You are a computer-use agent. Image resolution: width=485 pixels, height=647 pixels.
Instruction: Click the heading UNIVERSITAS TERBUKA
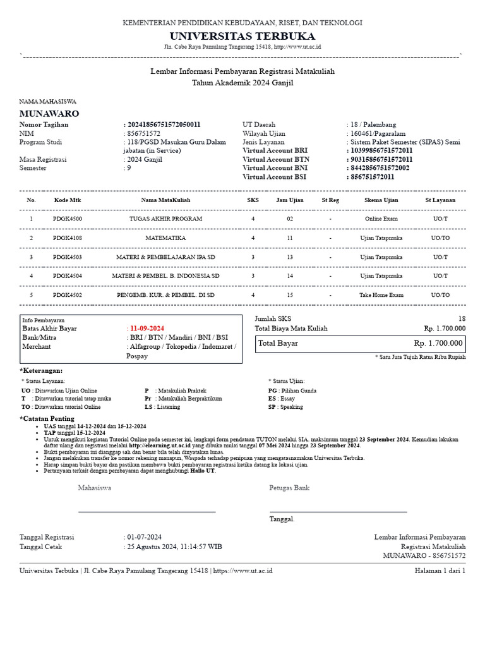242,36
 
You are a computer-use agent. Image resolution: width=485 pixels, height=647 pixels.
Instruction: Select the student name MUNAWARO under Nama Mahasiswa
49,114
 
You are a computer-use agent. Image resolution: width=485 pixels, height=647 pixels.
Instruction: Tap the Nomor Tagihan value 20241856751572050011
165,124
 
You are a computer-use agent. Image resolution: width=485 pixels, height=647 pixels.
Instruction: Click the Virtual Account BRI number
381,151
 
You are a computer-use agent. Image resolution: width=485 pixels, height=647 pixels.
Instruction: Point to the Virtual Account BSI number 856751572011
373,178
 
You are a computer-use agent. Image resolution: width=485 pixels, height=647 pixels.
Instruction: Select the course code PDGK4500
67,219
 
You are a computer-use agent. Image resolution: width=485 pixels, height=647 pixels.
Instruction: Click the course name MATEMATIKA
165,238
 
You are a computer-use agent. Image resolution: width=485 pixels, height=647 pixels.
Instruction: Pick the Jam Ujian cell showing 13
290,258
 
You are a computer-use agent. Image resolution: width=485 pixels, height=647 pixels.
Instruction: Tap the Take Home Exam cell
381,295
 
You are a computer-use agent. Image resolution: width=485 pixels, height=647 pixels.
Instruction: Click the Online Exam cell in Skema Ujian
381,219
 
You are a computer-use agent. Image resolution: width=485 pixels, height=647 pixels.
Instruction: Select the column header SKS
253,200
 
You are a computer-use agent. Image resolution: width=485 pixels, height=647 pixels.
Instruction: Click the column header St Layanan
440,200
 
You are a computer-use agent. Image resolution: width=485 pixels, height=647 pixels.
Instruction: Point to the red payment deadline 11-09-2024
147,329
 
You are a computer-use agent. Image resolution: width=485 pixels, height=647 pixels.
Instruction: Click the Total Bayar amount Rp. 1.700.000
438,344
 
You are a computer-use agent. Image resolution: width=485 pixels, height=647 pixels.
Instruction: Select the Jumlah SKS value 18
462,319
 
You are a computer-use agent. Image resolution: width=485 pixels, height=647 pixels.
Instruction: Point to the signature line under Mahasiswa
147,511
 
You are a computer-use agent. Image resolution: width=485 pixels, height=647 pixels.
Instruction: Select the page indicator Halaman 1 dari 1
440,571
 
